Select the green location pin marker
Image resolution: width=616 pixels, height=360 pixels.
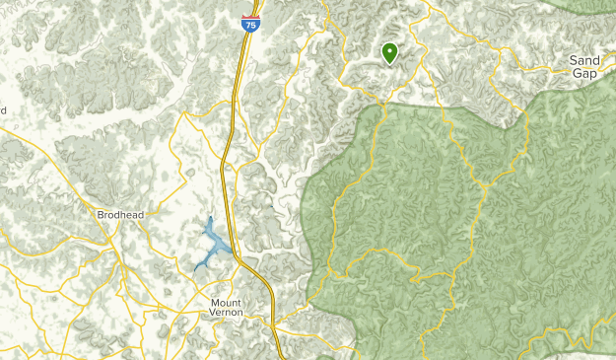click(x=389, y=52)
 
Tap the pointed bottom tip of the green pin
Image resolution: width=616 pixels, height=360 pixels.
click(x=389, y=65)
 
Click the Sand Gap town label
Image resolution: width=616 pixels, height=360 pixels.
click(x=584, y=66)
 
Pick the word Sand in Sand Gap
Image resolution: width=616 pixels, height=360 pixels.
click(x=584, y=60)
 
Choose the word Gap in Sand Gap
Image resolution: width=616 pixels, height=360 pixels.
click(x=584, y=73)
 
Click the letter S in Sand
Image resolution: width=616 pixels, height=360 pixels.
click(x=574, y=60)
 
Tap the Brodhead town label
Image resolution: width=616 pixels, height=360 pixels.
click(x=120, y=213)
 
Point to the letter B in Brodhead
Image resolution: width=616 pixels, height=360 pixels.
click(x=101, y=213)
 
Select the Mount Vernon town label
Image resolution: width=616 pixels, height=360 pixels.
click(x=232, y=307)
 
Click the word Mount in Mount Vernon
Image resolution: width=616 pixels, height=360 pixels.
click(x=232, y=301)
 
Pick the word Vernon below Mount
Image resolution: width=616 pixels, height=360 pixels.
click(x=232, y=313)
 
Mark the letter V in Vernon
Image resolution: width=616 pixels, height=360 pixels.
click(x=215, y=313)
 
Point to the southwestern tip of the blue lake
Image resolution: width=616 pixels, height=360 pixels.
click(x=195, y=268)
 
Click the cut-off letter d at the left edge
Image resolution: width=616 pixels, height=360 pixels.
click(x=3, y=110)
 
